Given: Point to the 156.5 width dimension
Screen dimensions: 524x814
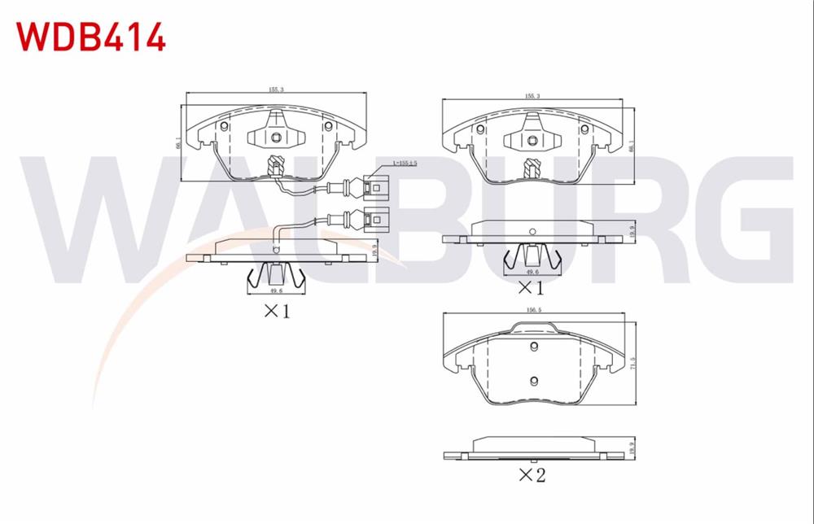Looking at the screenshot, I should (x=533, y=309).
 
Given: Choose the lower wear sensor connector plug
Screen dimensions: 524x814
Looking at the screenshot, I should (x=376, y=219).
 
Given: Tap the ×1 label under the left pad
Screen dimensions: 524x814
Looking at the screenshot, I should (x=274, y=310).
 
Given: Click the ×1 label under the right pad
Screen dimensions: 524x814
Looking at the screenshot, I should (x=531, y=286).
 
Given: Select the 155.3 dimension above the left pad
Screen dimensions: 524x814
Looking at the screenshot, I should (x=276, y=90).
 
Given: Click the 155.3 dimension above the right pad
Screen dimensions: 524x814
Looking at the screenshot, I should (x=533, y=97).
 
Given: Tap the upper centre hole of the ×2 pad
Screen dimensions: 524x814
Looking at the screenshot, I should (x=534, y=347).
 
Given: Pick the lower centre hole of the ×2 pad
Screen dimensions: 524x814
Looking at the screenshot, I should (x=534, y=382).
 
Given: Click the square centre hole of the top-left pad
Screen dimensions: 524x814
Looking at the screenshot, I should (x=276, y=137).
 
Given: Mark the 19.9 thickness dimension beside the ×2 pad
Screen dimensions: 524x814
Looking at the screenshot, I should (x=632, y=446).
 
